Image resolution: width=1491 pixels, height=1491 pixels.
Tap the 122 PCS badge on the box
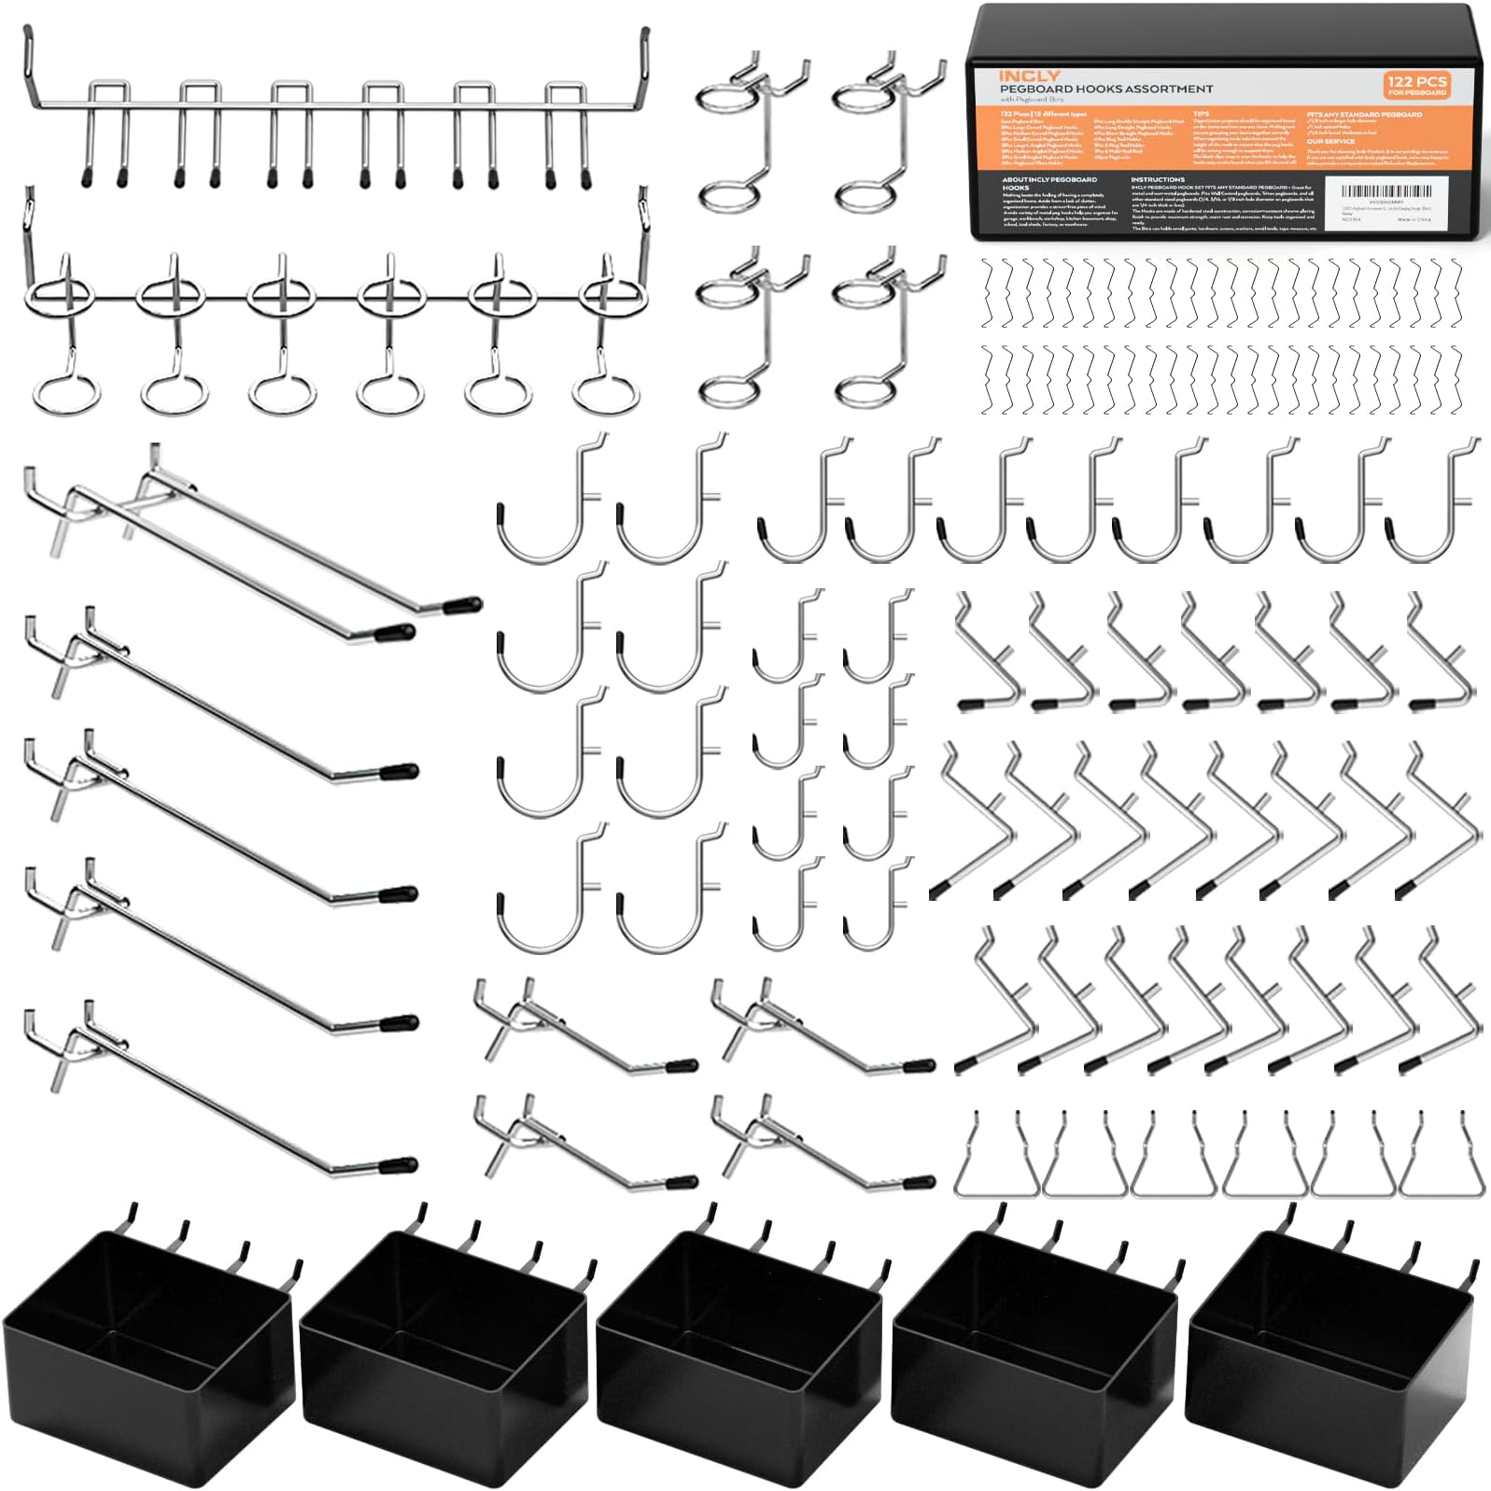1415,85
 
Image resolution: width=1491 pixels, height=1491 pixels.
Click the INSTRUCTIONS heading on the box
1157,179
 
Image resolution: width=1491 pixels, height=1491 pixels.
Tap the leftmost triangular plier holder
996,1162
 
